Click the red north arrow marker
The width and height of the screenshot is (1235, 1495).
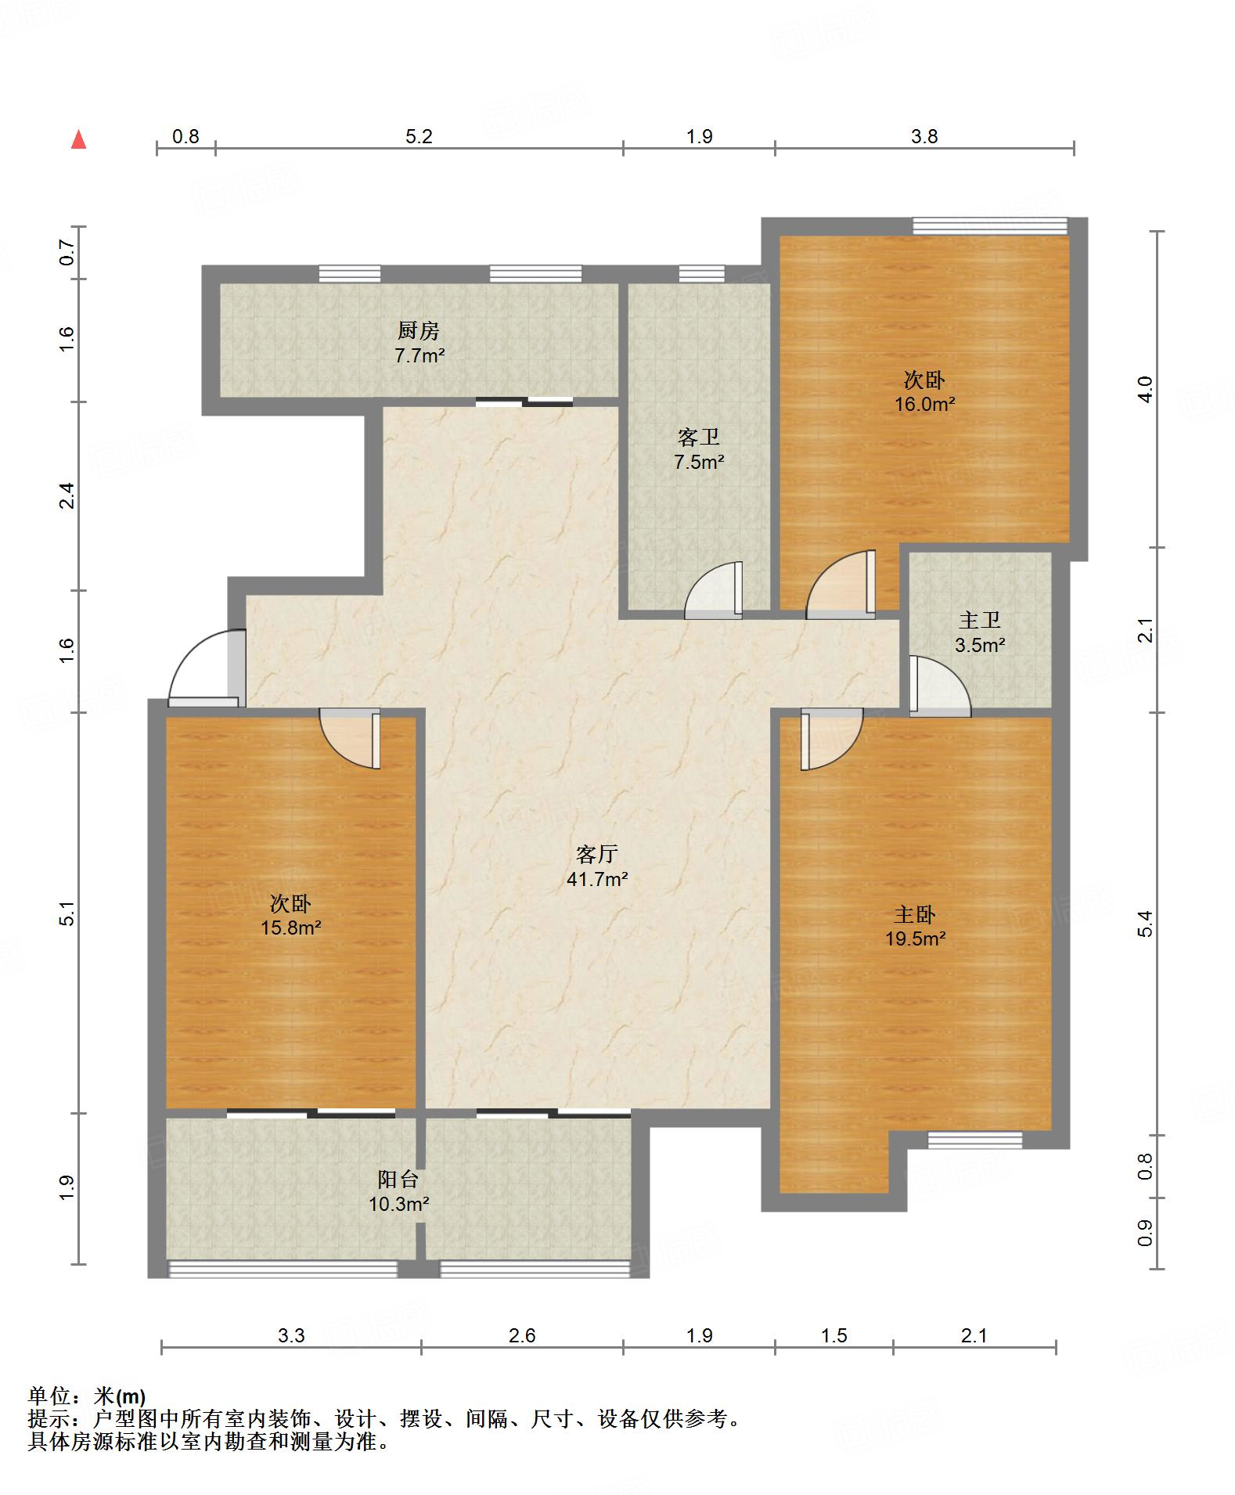[x=78, y=139]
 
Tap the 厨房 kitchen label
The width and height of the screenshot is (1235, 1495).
[x=419, y=331]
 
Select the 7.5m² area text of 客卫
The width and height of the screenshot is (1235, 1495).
[x=699, y=462]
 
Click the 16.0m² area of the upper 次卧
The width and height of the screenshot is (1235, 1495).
[x=924, y=405]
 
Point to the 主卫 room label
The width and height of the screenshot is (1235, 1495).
[x=980, y=621]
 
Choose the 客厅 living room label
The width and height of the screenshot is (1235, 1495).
[x=597, y=854]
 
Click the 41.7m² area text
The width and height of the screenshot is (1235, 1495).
[x=597, y=879]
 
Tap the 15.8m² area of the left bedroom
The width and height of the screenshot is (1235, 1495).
[x=291, y=928]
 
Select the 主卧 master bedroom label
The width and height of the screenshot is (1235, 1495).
[x=915, y=914]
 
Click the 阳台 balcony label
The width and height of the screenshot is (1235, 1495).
[x=398, y=1179]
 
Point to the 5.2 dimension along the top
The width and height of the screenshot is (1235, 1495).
[x=419, y=136]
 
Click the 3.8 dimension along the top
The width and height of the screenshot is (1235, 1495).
[x=924, y=136]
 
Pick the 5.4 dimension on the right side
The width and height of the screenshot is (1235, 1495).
[x=1145, y=924]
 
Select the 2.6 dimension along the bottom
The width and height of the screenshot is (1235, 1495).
[x=522, y=1335]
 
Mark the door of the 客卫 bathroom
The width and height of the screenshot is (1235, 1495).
[x=713, y=589]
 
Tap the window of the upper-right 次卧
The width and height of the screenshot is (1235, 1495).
[x=990, y=226]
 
